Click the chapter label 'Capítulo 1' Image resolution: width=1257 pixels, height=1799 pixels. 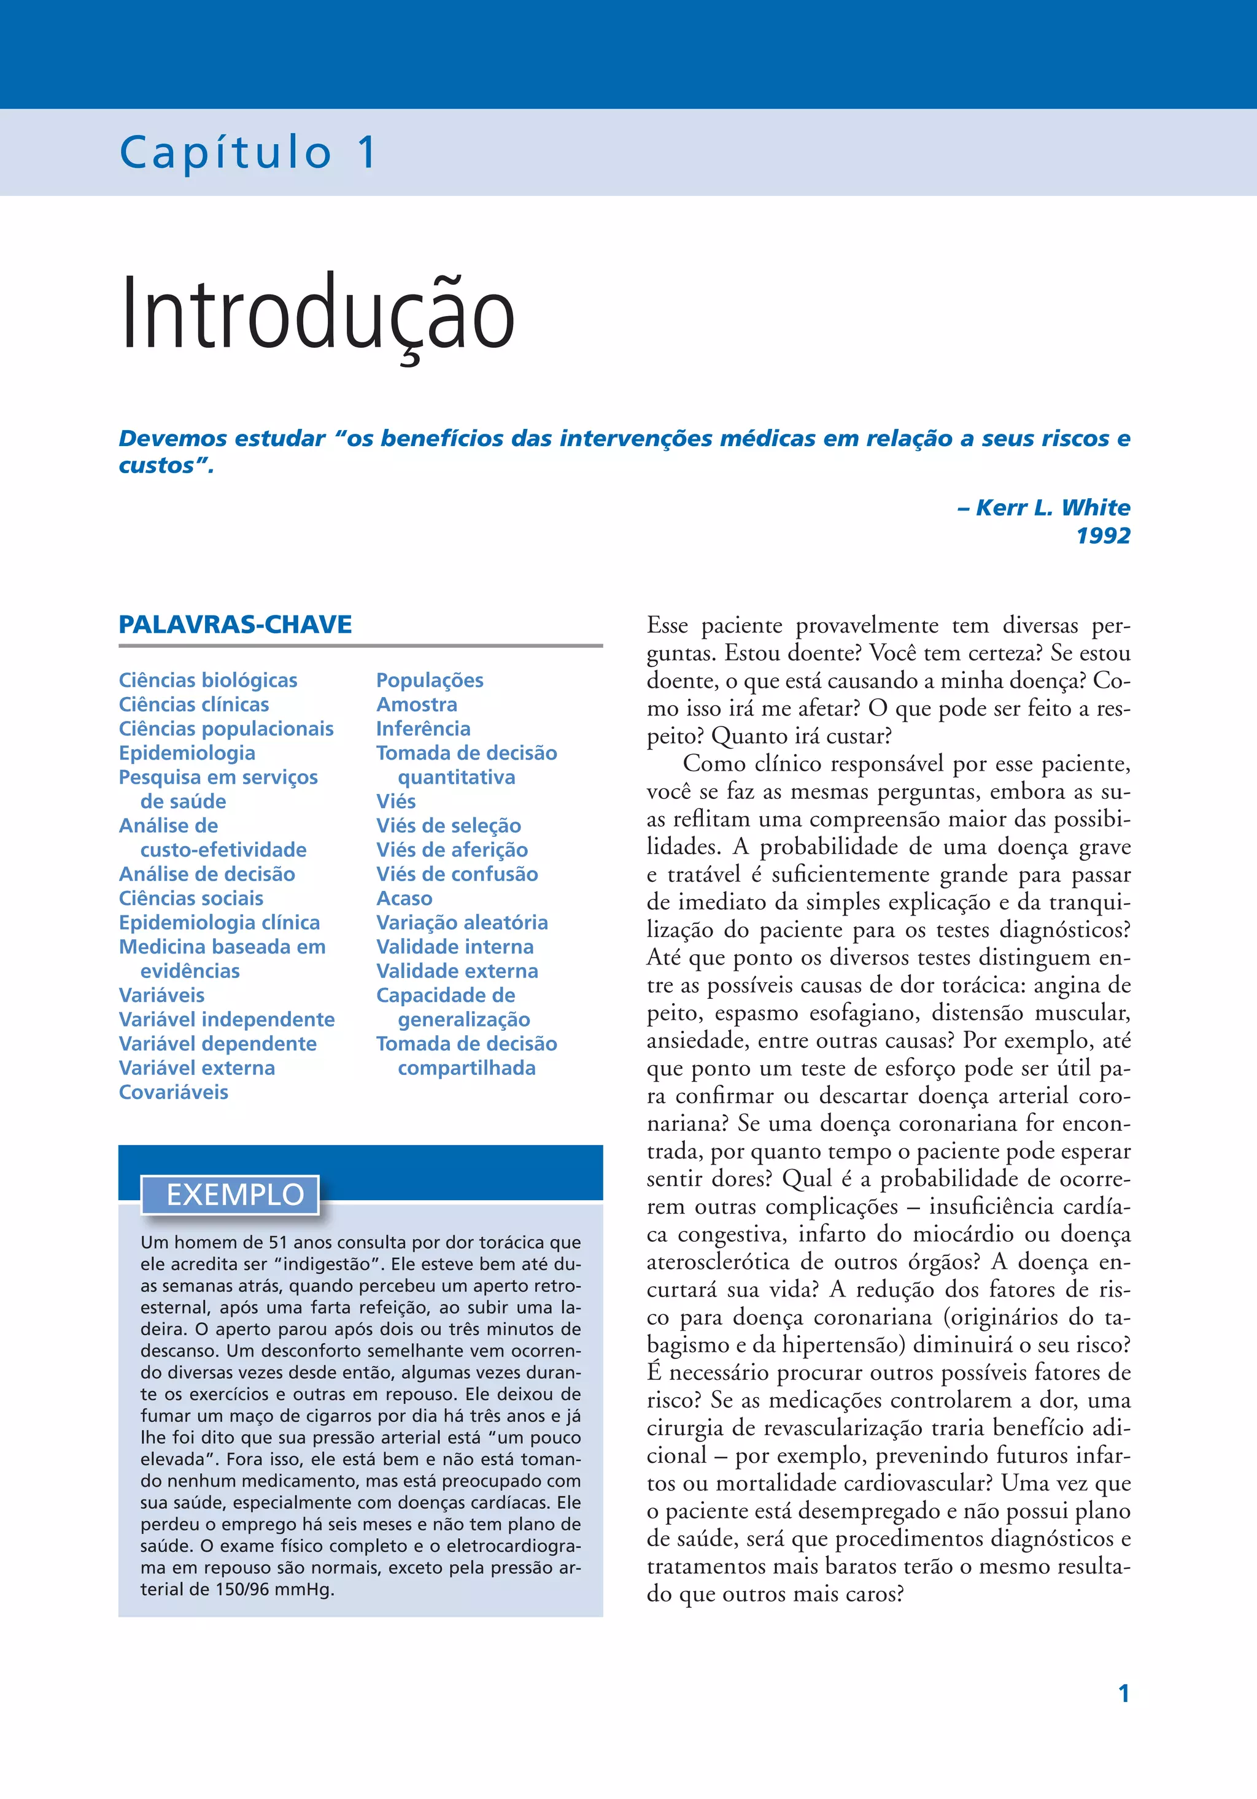[x=247, y=152]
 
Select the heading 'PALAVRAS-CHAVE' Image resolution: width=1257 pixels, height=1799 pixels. [x=235, y=625]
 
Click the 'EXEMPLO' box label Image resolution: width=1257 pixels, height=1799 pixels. [x=234, y=1194]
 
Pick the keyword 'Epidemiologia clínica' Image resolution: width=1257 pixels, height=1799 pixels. [x=220, y=922]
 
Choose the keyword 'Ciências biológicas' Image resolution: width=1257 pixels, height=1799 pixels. [x=207, y=680]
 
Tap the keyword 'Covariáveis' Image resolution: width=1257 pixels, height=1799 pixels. [x=173, y=1092]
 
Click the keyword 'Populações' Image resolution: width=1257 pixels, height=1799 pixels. [x=430, y=680]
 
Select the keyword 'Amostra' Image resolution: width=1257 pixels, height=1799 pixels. [x=416, y=704]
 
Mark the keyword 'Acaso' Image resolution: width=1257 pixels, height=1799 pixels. [x=404, y=898]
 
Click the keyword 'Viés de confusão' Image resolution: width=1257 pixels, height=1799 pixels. [x=457, y=874]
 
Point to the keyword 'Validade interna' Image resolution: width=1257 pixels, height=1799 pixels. [x=455, y=947]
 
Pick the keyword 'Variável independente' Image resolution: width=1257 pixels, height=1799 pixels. [x=226, y=1019]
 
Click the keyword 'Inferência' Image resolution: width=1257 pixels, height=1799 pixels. [x=423, y=729]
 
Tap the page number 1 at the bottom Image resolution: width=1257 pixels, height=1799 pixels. [x=1124, y=1694]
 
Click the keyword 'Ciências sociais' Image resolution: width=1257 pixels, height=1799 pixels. [x=190, y=898]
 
